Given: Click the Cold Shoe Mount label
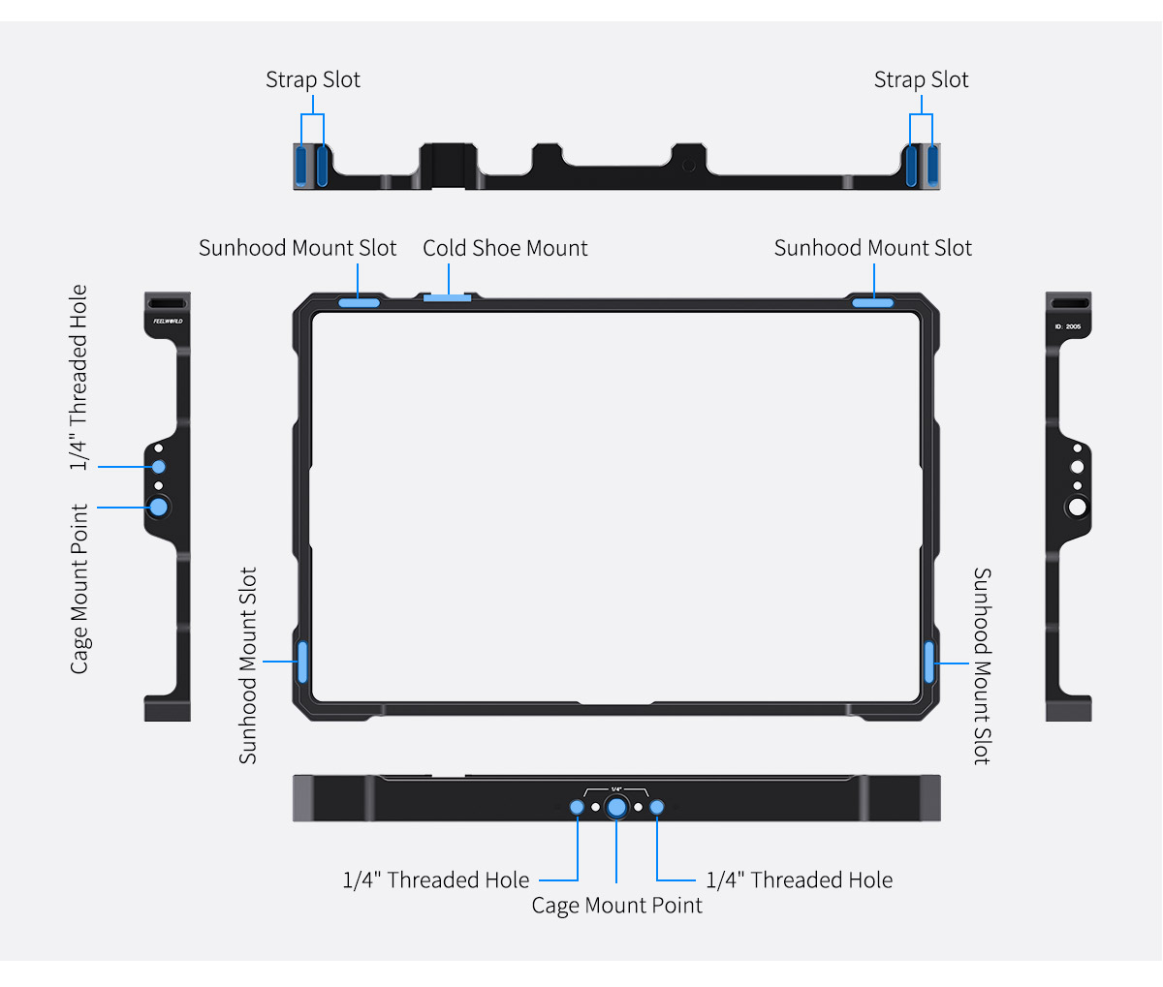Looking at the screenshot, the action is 505,248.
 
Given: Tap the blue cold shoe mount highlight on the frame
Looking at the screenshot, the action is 448,297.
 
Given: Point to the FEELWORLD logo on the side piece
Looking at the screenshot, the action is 168,322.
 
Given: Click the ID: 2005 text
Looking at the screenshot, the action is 1067,326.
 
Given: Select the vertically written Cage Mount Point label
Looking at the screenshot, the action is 79,588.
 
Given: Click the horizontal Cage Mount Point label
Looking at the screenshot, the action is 616,905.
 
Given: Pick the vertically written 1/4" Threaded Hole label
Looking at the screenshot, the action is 79,377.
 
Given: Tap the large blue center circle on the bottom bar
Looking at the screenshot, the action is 616,807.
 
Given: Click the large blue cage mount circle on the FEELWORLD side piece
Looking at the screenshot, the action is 159,507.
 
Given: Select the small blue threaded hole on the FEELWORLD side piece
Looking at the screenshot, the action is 159,466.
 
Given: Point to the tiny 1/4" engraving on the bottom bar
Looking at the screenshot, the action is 616,789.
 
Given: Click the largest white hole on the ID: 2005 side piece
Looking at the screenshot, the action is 1077,507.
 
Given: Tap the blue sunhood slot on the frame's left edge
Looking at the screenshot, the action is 302,662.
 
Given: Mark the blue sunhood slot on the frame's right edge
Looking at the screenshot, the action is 928,663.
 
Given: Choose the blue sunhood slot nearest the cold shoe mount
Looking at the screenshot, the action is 359,302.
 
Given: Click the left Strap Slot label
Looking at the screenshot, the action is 313,79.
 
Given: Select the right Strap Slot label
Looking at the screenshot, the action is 921,79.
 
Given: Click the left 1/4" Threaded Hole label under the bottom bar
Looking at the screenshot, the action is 436,879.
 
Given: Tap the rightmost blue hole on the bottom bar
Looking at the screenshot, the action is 657,807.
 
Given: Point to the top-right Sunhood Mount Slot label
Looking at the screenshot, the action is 872,248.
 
